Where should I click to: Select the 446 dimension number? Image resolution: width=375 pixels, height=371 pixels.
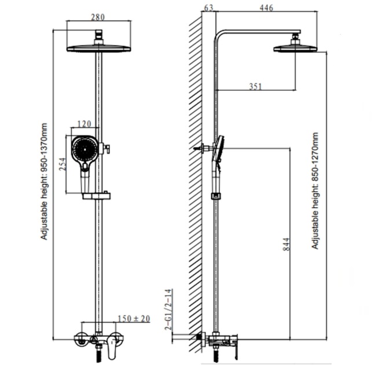pos(266,8)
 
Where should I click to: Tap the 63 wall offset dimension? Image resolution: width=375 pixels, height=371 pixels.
pos(209,8)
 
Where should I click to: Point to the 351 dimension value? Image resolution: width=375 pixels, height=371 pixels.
pos(255,86)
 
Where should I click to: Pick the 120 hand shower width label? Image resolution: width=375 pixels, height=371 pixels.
pos(84,123)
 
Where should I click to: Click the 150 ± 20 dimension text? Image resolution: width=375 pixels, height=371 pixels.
pos(134,318)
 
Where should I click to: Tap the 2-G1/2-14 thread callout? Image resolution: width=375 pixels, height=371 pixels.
pos(168,309)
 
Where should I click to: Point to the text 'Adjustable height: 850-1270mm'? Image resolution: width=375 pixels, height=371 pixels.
pos(315,190)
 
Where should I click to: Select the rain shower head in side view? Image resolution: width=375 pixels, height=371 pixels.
pos(296,48)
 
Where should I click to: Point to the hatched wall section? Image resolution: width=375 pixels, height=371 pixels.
pos(196,174)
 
